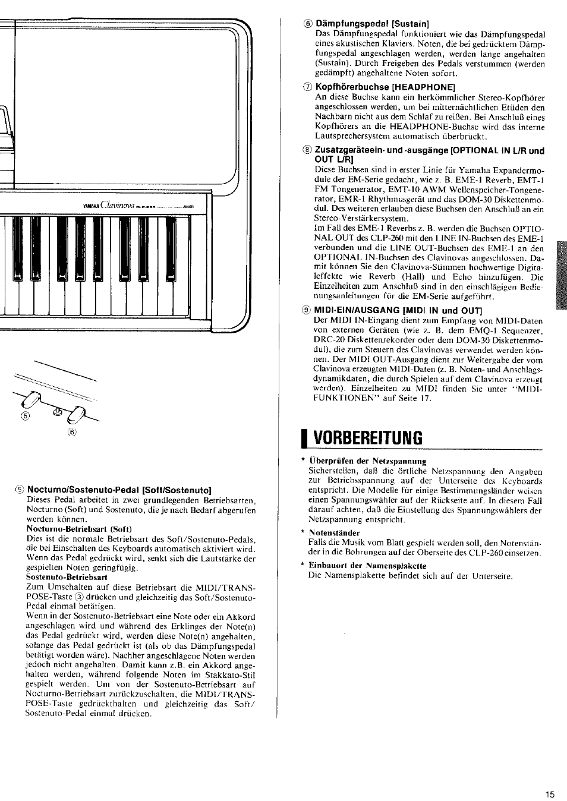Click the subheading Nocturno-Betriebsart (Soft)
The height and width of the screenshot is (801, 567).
(x=79, y=529)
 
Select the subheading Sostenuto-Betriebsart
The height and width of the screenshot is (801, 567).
(x=66, y=576)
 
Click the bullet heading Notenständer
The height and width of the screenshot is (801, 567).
(x=334, y=533)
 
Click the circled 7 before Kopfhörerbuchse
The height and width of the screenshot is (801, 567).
(x=307, y=87)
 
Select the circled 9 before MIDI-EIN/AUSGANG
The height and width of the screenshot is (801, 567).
(x=307, y=311)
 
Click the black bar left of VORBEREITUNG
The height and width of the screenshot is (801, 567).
(x=304, y=437)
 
